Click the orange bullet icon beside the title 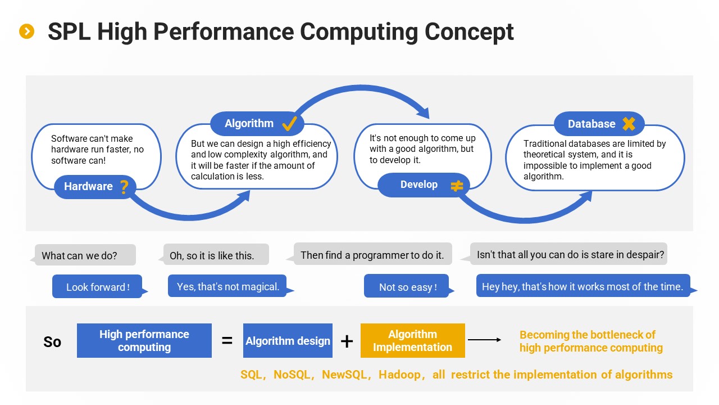[x=26, y=31]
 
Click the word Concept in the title [x=468, y=32]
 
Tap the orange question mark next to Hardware [x=124, y=187]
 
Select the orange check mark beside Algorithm [x=289, y=123]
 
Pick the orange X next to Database [x=629, y=124]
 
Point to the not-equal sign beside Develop [x=457, y=186]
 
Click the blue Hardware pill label [x=95, y=187]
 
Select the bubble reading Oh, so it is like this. [x=214, y=255]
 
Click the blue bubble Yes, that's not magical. [x=230, y=286]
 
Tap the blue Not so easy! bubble [x=408, y=286]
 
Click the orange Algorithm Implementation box [x=412, y=340]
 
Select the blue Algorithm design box [x=288, y=340]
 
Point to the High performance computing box [x=144, y=340]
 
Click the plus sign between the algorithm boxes [x=347, y=341]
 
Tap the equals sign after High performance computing [x=227, y=340]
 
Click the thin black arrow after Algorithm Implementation [x=484, y=340]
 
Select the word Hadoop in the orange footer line [x=399, y=375]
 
